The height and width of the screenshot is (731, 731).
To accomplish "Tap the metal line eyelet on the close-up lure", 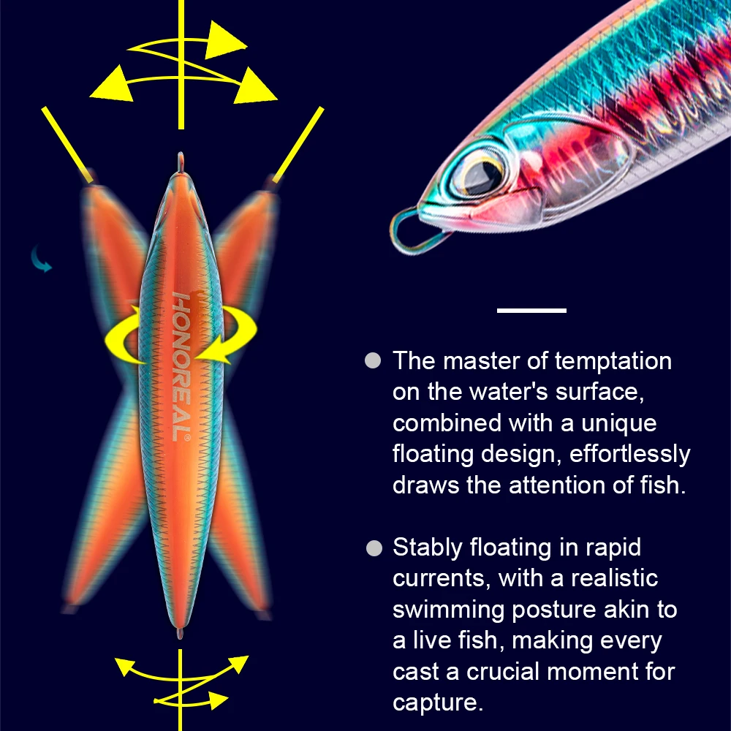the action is click(412, 228).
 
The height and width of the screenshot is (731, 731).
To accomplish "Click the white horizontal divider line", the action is click(531, 311).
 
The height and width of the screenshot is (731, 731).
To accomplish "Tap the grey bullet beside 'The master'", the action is click(374, 360).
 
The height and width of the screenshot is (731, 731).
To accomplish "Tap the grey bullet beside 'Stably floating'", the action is click(374, 548).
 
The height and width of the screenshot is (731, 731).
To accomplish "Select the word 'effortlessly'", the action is click(629, 454).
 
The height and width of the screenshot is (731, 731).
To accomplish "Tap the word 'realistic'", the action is click(614, 578).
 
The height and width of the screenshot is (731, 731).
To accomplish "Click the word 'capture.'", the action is click(438, 702).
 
